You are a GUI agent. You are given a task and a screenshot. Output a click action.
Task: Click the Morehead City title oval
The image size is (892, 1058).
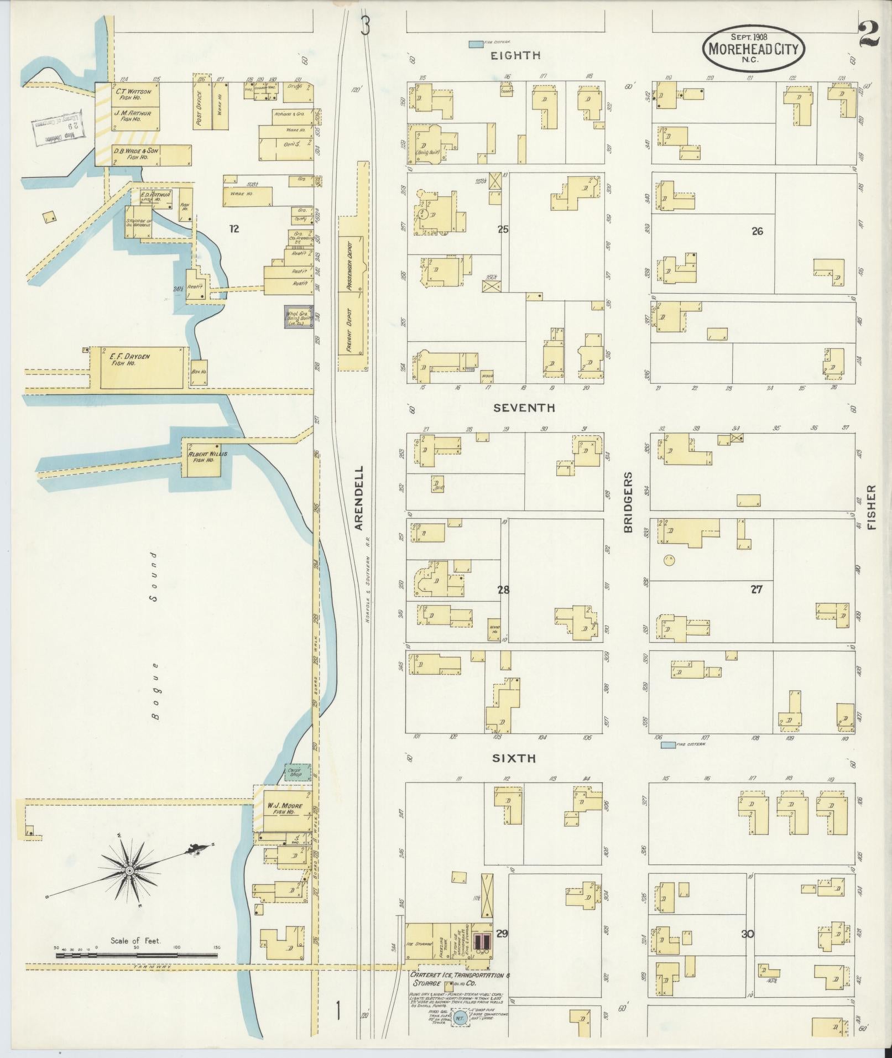tap(753, 49)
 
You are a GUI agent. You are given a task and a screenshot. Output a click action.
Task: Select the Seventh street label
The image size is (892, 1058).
tap(524, 408)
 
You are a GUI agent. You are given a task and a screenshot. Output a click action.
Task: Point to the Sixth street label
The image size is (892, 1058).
tap(514, 758)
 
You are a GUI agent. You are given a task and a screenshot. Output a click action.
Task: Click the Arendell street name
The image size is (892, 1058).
tap(359, 498)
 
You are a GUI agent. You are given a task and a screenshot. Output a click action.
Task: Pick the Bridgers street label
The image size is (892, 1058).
tap(628, 502)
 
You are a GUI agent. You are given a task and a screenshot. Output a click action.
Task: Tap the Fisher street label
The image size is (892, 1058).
tap(872, 507)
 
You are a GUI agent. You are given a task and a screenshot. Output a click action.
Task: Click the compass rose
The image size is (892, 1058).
tap(129, 870)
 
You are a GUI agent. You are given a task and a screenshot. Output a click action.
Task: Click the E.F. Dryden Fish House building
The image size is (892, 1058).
tap(144, 367)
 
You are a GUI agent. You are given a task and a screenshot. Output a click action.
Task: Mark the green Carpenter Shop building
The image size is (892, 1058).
tap(298, 772)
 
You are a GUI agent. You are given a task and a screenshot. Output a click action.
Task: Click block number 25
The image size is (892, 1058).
tap(502, 229)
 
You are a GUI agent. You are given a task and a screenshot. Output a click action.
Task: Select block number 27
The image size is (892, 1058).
tap(757, 590)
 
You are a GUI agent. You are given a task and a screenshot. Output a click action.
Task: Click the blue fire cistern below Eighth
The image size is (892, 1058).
tap(474, 43)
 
